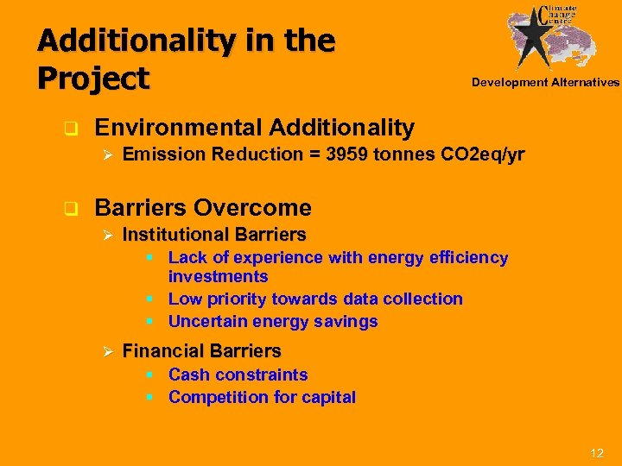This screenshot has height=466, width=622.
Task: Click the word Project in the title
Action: tap(93, 78)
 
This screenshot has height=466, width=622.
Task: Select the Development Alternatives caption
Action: tap(545, 83)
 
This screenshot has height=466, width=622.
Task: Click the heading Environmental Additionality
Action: tap(254, 128)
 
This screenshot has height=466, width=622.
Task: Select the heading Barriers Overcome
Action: tap(203, 207)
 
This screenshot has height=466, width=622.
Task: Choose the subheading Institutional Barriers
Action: tap(214, 235)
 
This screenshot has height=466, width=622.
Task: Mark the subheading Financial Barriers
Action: tap(201, 351)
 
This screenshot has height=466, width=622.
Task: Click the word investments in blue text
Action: tap(218, 277)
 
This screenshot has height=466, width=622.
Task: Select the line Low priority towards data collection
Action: tap(315, 299)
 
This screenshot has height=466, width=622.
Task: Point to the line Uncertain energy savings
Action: tap(273, 322)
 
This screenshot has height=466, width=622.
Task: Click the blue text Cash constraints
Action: tap(238, 375)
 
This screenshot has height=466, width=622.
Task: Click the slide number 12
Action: tap(596, 453)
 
